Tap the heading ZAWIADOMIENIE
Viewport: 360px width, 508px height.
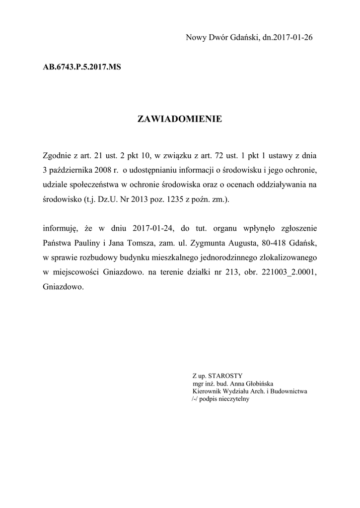(x=179, y=119)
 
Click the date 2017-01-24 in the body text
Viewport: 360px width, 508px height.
(x=153, y=229)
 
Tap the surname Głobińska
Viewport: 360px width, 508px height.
(x=260, y=383)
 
